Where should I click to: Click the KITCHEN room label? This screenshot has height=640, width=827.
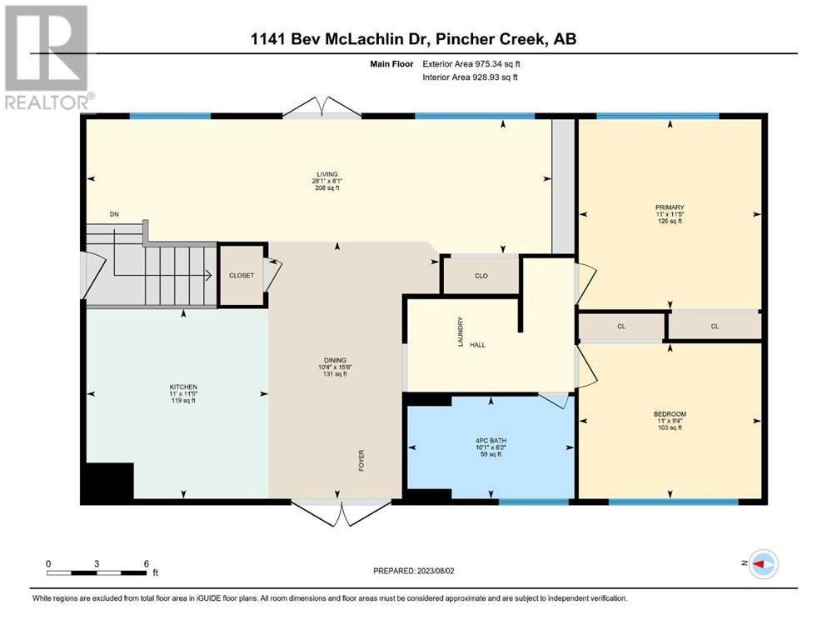(x=183, y=387)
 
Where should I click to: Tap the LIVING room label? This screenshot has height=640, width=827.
(x=327, y=174)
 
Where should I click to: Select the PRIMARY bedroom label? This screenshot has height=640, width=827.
(x=670, y=207)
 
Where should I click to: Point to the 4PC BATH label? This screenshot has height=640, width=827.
(x=491, y=441)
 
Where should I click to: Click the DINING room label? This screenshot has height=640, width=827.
(x=335, y=360)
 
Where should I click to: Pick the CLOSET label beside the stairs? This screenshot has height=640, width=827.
(x=242, y=275)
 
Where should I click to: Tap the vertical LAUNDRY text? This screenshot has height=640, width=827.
(x=461, y=332)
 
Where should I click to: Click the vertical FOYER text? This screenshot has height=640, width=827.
(x=361, y=460)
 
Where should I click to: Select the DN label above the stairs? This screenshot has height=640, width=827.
(x=114, y=214)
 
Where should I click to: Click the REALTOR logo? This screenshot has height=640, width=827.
(x=47, y=57)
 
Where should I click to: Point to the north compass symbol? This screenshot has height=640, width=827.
(x=760, y=564)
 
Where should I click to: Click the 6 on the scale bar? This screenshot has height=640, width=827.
(x=147, y=563)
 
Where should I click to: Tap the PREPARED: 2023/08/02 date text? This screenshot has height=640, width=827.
(x=413, y=571)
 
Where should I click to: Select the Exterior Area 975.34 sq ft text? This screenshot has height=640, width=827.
(x=471, y=64)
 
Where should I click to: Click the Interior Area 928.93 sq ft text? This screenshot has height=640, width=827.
(x=470, y=77)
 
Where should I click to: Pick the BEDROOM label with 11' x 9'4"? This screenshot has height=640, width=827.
(x=670, y=414)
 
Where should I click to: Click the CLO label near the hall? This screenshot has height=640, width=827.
(x=481, y=276)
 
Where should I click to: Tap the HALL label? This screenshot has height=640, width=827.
(x=477, y=345)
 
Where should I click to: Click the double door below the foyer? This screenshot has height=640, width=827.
(x=341, y=512)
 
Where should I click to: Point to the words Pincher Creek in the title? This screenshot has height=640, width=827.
(x=489, y=39)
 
